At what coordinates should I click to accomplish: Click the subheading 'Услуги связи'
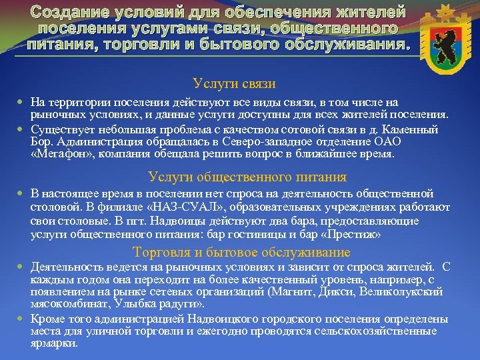click(234, 84)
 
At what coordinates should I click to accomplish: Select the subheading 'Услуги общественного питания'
click(247, 177)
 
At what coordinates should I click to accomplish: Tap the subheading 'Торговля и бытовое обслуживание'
click(241, 252)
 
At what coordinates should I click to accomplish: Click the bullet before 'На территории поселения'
click(21, 102)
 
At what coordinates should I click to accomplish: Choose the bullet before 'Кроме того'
click(21, 320)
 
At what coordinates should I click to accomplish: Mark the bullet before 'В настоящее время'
click(21, 194)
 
